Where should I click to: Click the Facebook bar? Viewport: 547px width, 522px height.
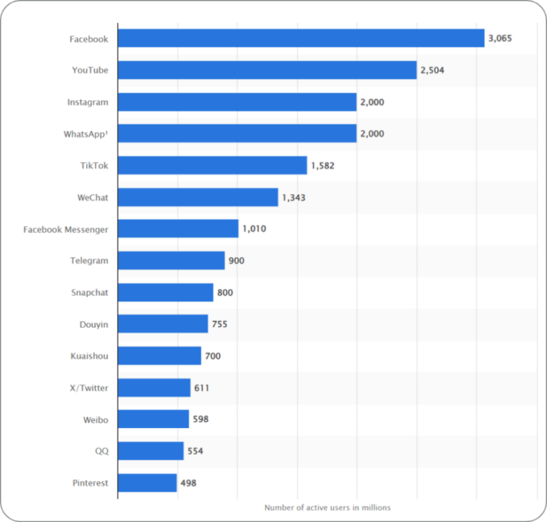click(x=301, y=38)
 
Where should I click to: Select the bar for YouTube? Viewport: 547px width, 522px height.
click(x=267, y=70)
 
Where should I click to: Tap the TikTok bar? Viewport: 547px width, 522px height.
click(x=212, y=165)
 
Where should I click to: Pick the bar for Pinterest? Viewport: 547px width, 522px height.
click(x=147, y=483)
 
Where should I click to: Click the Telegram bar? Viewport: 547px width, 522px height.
click(x=171, y=261)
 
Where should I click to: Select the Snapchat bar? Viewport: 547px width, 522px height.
click(x=165, y=292)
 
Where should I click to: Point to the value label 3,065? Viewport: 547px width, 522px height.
click(x=500, y=38)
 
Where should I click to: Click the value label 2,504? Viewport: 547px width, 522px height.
click(x=432, y=71)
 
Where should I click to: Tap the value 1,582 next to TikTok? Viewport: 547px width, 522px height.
click(x=322, y=166)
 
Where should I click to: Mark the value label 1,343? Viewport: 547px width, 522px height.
click(x=293, y=197)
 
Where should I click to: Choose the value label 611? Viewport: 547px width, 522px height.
click(x=202, y=388)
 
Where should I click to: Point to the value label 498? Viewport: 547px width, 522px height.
click(x=188, y=483)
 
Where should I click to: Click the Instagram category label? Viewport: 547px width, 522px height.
click(x=88, y=102)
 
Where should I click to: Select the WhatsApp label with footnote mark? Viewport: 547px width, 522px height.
click(x=86, y=134)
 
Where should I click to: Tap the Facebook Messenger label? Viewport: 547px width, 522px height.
click(x=66, y=229)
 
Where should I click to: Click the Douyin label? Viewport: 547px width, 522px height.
click(x=94, y=324)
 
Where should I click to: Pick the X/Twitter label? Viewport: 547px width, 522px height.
click(x=90, y=388)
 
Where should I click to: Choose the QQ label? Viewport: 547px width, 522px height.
click(x=101, y=451)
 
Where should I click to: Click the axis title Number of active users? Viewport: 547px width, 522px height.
click(x=327, y=508)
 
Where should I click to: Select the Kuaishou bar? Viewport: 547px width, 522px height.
click(x=160, y=356)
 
